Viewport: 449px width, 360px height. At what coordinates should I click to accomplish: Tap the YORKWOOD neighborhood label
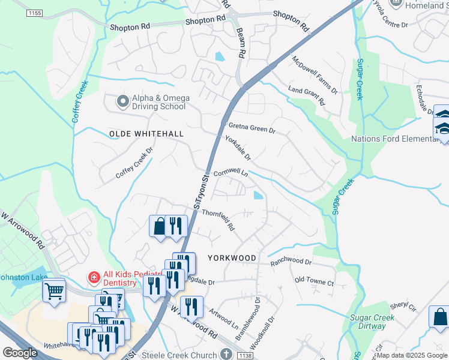[232, 258]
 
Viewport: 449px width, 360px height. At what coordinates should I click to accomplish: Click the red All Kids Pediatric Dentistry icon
[94, 277]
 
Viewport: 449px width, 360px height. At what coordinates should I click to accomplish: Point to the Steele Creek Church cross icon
[226, 355]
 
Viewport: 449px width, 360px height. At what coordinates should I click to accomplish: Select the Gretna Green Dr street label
[252, 127]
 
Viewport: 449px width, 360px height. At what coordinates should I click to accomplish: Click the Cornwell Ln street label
[231, 172]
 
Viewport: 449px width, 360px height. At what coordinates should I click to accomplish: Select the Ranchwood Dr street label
[291, 262]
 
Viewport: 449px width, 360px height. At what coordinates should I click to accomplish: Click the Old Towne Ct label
[314, 281]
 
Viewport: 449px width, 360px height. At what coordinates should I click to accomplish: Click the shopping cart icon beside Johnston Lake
[54, 291]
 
